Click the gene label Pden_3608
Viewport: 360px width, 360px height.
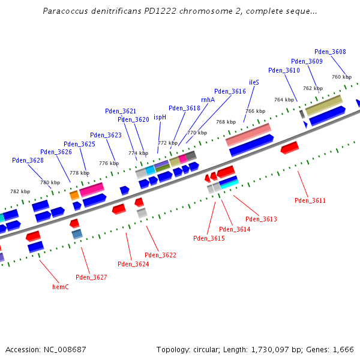[x=330, y=52]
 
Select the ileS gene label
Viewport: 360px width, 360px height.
[x=254, y=82]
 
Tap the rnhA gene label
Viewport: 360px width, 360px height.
[x=208, y=100]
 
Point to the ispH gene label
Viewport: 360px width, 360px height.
[x=160, y=118]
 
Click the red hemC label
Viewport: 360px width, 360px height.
[x=61, y=287]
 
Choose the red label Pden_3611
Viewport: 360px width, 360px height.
[x=310, y=200]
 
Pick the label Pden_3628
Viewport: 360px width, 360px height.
[x=28, y=160]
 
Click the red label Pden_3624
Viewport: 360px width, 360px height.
[x=133, y=264]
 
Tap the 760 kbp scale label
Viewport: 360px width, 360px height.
[x=341, y=77]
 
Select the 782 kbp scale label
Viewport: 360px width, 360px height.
[x=20, y=191]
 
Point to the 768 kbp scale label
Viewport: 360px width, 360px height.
[x=226, y=122]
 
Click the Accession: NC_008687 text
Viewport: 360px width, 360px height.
[x=46, y=349]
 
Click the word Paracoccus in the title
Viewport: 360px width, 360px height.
[x=64, y=11]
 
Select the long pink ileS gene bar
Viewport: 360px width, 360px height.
[x=248, y=134]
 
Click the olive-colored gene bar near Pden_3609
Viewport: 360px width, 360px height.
[x=323, y=106]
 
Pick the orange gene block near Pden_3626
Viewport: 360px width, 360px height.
[x=74, y=195]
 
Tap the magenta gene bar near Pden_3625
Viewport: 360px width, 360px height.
[x=92, y=189]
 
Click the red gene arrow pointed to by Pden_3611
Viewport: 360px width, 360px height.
[x=289, y=147]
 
